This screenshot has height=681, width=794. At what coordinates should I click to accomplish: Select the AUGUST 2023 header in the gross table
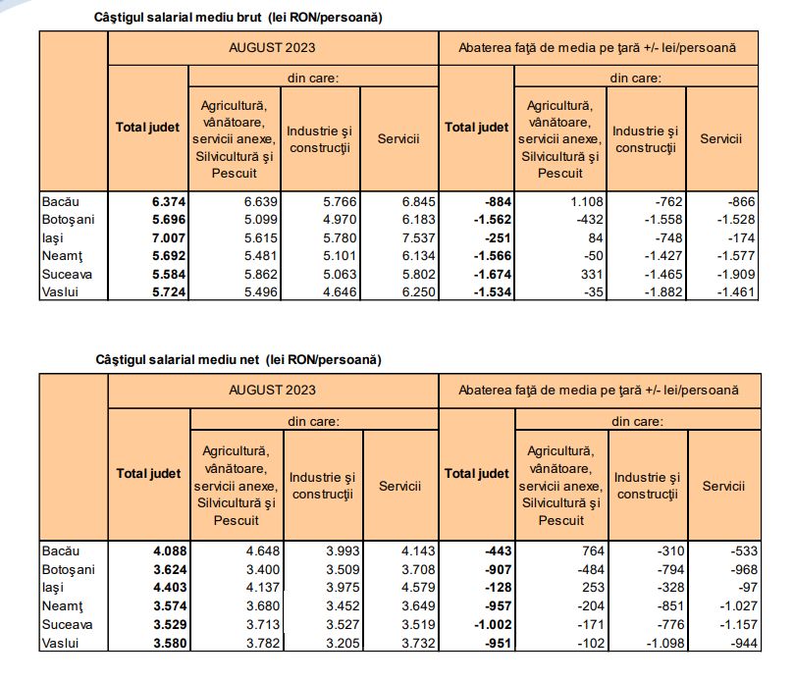pyautogui.click(x=274, y=47)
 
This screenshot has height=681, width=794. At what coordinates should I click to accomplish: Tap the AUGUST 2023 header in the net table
pyautogui.click(x=274, y=390)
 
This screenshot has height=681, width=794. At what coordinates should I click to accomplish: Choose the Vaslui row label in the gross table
pyautogui.click(x=60, y=292)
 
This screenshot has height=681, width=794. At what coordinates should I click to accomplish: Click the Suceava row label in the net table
pyautogui.click(x=66, y=624)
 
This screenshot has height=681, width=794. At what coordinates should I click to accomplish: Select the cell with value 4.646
pyautogui.click(x=332, y=292)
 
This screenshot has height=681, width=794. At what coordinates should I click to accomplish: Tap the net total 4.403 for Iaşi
pyautogui.click(x=168, y=588)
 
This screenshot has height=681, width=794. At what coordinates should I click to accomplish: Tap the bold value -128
pyautogui.click(x=500, y=588)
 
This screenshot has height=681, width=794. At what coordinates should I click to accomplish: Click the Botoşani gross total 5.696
pyautogui.click(x=168, y=220)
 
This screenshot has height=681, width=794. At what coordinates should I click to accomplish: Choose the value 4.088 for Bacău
pyautogui.click(x=168, y=551)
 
